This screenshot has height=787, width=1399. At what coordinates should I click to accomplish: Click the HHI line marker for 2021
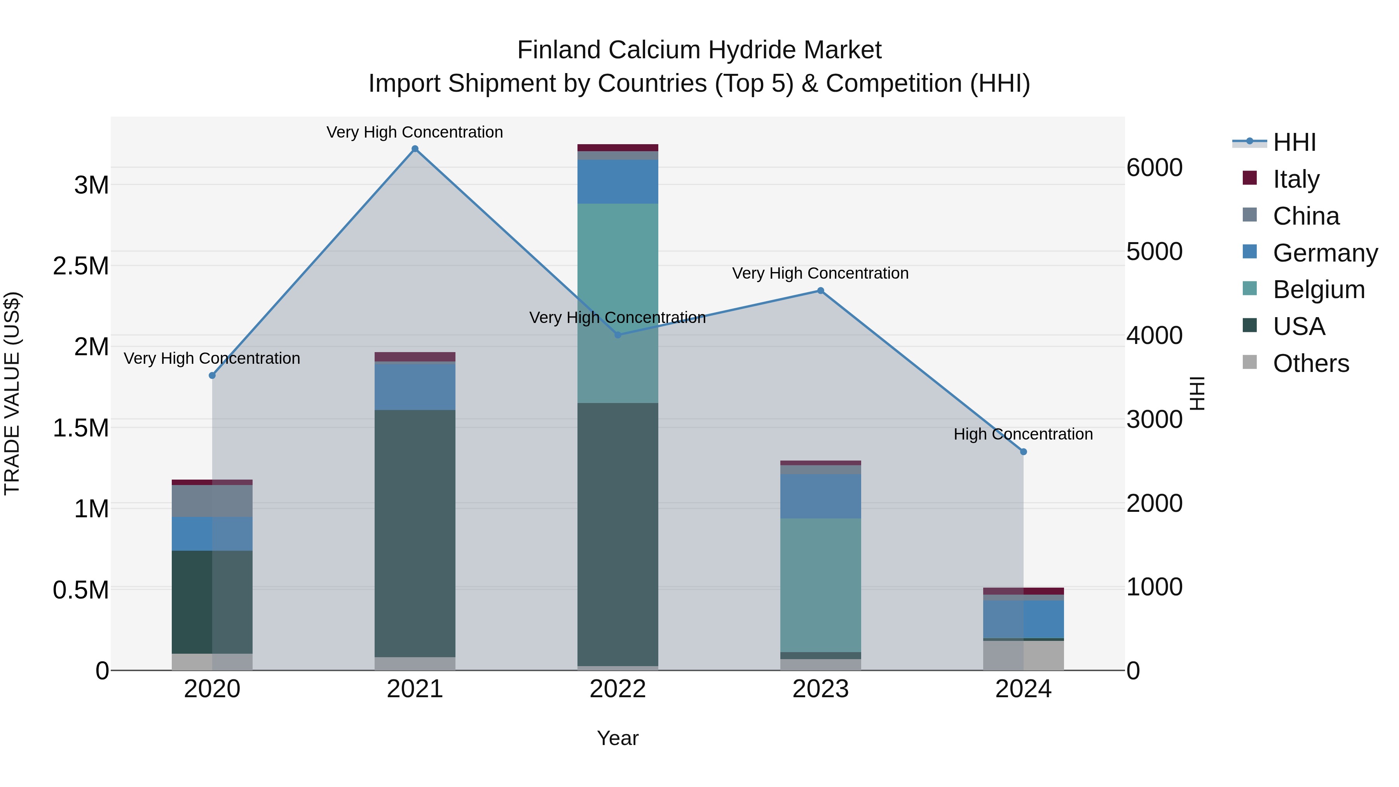(x=415, y=149)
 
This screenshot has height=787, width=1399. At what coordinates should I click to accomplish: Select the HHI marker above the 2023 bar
(x=821, y=291)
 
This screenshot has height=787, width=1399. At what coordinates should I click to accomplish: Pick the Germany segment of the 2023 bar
(x=821, y=496)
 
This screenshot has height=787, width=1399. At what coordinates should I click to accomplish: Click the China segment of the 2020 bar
(x=212, y=501)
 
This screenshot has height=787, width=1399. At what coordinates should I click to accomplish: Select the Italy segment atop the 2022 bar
(x=618, y=148)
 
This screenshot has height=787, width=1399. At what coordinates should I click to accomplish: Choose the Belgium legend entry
(x=1319, y=290)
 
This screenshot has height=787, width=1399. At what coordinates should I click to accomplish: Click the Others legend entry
(x=1310, y=363)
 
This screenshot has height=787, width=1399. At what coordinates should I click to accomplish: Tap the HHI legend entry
(x=1294, y=142)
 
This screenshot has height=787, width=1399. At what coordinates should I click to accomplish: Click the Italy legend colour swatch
(x=1250, y=178)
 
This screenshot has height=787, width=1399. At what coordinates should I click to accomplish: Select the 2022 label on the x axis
(x=618, y=689)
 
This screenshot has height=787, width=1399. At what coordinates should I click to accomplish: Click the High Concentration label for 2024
(x=1023, y=434)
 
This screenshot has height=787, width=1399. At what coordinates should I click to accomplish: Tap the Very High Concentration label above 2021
(x=415, y=132)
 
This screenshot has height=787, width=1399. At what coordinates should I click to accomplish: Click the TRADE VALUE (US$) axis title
(x=12, y=393)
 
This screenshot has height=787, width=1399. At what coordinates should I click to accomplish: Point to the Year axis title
(x=618, y=738)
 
